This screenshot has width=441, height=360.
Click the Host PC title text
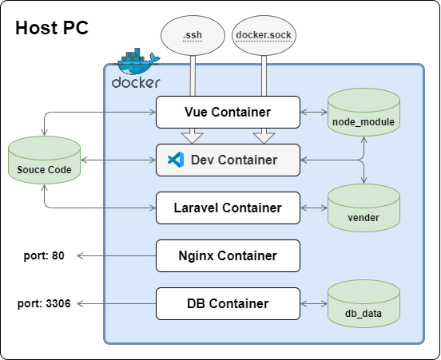[x=52, y=28]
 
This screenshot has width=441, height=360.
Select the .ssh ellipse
[x=193, y=35]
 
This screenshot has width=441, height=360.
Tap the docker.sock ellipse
[x=264, y=35]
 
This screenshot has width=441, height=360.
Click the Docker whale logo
[x=136, y=68]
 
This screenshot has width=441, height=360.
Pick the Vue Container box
[x=228, y=112]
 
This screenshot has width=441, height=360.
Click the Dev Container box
[x=228, y=160]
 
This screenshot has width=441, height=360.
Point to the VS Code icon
[x=176, y=160]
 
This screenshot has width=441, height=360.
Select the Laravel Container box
[x=228, y=208]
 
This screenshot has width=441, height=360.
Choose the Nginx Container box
[x=228, y=255]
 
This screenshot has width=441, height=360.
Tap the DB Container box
[x=228, y=303]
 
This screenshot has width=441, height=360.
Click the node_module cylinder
[x=364, y=112]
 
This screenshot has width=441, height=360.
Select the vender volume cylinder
[x=364, y=208]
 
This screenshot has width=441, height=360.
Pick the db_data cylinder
[x=364, y=303]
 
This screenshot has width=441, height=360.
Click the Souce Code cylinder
[x=44, y=160]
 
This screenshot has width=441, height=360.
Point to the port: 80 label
[x=44, y=255]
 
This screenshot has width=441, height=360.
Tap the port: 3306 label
[x=44, y=303]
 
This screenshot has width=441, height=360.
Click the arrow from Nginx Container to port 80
[x=117, y=255]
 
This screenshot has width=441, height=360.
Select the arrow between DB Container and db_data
[x=314, y=303]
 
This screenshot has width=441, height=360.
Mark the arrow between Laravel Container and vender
[x=314, y=208]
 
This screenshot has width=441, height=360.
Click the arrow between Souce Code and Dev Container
[x=118, y=160]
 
